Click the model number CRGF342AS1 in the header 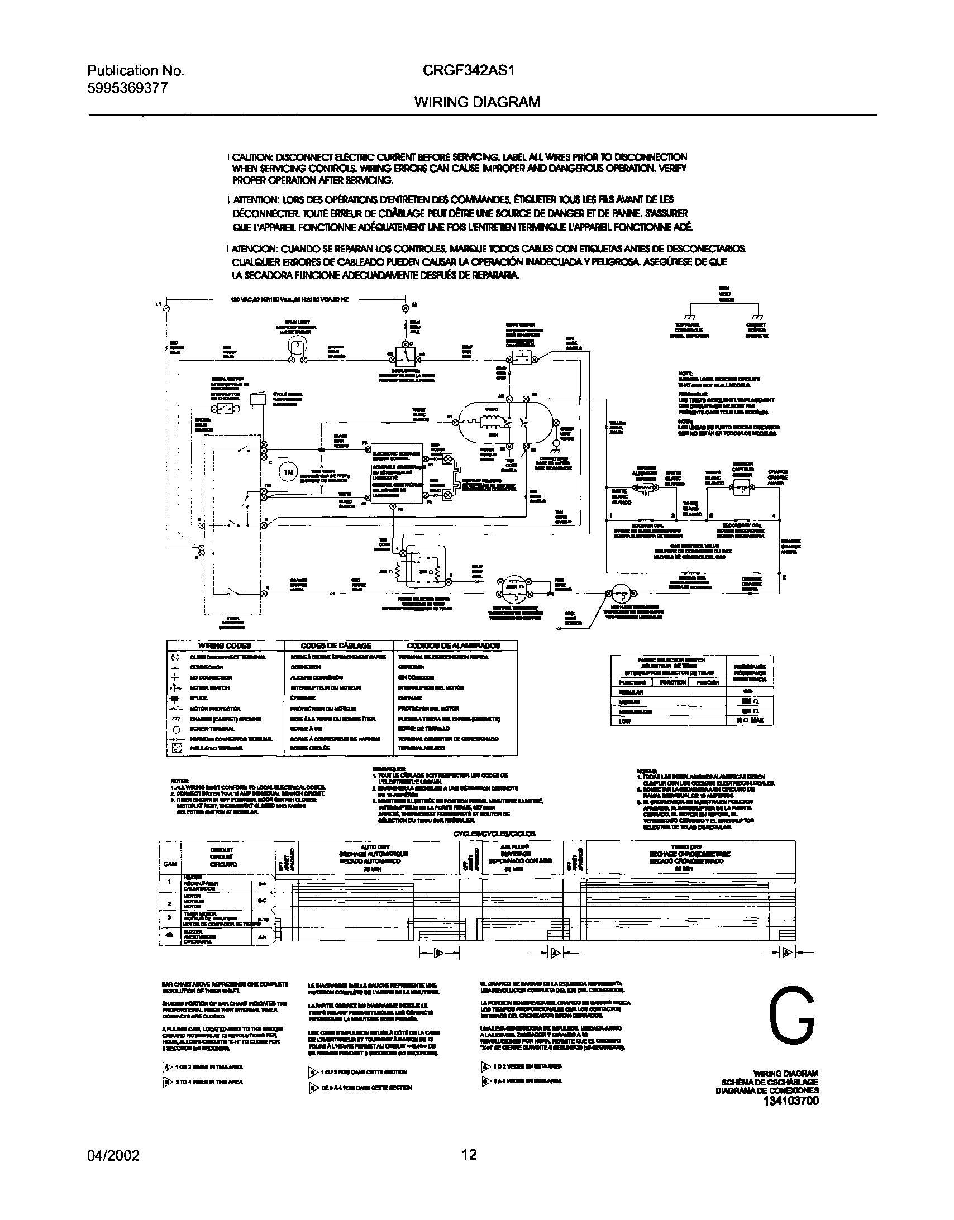tap(468, 71)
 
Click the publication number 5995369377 tap(127, 88)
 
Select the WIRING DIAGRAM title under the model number tap(476, 102)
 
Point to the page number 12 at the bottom tap(469, 1155)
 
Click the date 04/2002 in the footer tap(113, 1155)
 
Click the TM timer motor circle tap(288, 472)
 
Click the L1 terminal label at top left tap(158, 304)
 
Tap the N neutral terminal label tap(414, 305)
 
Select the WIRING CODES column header tap(225, 645)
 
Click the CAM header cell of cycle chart tap(170, 864)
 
